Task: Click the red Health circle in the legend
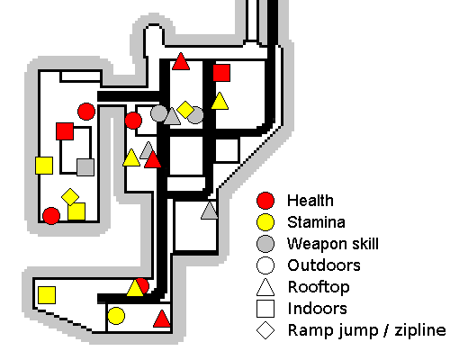click(265, 201)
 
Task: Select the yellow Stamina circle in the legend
click(265, 222)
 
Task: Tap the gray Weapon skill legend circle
click(265, 244)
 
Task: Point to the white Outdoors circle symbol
click(265, 265)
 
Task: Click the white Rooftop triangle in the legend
click(265, 287)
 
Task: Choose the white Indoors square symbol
click(265, 309)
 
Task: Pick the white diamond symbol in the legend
click(265, 330)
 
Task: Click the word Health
click(310, 201)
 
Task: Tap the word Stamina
click(316, 222)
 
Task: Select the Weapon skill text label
click(333, 245)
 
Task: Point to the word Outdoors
click(324, 265)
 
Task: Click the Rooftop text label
click(319, 288)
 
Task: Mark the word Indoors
click(317, 309)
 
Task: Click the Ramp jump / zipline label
click(367, 331)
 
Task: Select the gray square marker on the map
click(85, 167)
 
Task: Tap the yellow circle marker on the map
click(116, 316)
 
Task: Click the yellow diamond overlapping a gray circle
click(185, 110)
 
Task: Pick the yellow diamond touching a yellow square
click(70, 197)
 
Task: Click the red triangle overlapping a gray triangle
click(153, 160)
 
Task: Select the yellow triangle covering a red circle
click(135, 289)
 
